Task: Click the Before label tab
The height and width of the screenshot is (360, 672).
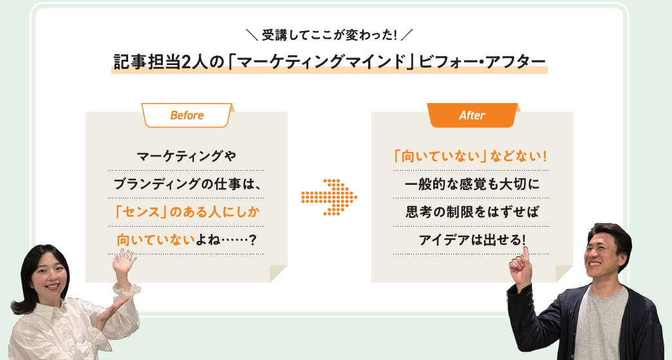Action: click(x=187, y=115)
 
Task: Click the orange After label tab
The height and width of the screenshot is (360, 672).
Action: click(x=472, y=115)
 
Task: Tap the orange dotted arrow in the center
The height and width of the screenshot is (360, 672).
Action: click(x=329, y=197)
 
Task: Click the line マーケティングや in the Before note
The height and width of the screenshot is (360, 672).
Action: click(x=186, y=156)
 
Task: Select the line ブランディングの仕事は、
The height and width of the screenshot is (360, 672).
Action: click(x=187, y=184)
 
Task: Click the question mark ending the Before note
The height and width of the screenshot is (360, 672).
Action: click(x=252, y=240)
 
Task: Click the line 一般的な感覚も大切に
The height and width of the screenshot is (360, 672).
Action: click(x=472, y=184)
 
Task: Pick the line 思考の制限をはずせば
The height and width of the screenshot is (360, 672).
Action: click(x=472, y=212)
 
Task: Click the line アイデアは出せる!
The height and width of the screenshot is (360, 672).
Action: click(x=472, y=240)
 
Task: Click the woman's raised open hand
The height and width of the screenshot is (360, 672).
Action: click(x=124, y=262)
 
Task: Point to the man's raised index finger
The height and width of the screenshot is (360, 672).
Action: click(x=525, y=254)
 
